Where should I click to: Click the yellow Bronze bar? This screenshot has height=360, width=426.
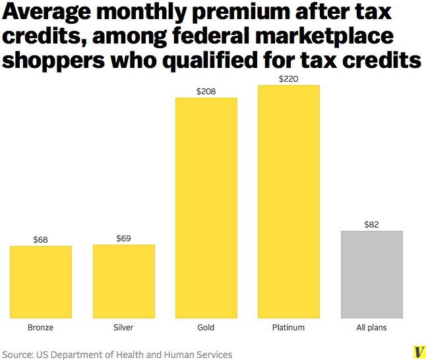pyautogui.click(x=41, y=282)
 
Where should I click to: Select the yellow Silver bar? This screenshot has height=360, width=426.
pyautogui.click(x=124, y=282)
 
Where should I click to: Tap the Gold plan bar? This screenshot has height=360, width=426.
pyautogui.click(x=206, y=208)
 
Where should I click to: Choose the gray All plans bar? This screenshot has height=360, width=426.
pyautogui.click(x=371, y=274)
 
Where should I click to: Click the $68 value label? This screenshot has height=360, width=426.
pyautogui.click(x=41, y=240)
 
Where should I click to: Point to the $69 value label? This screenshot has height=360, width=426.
pyautogui.click(x=124, y=238)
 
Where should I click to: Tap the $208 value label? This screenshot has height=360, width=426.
pyautogui.click(x=206, y=92)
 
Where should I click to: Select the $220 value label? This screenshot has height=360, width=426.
pyautogui.click(x=288, y=79)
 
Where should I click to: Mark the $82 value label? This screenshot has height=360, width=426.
pyautogui.click(x=371, y=225)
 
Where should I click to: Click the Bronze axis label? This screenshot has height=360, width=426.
pyautogui.click(x=41, y=328)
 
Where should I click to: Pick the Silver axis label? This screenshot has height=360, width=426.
pyautogui.click(x=124, y=328)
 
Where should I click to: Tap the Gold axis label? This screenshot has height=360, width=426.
pyautogui.click(x=206, y=328)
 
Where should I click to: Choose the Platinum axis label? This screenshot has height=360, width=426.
pyautogui.click(x=288, y=328)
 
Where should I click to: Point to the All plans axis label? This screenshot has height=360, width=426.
pyautogui.click(x=371, y=328)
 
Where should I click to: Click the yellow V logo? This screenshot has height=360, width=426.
pyautogui.click(x=417, y=351)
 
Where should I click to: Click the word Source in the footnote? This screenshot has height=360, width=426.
pyautogui.click(x=18, y=355)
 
